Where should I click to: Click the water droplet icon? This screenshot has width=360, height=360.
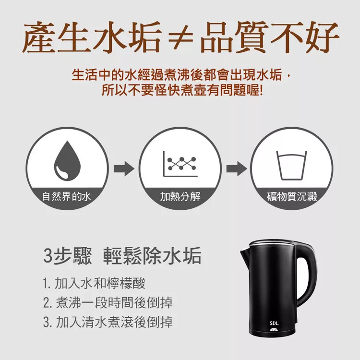67,161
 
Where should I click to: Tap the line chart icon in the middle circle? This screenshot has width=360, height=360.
180,164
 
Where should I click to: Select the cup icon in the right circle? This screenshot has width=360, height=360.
291,165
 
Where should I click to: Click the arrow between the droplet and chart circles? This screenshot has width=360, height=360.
124,169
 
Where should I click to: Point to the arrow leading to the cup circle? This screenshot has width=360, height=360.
237,169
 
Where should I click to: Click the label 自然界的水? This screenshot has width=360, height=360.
66,197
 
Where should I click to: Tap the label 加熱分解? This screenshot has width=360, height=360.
180,197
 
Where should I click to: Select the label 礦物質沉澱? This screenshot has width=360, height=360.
292,197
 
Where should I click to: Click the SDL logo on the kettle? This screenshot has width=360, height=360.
274,324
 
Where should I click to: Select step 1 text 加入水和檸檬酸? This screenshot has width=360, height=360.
94,283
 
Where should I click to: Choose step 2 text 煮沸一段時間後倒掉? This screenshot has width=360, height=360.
108,302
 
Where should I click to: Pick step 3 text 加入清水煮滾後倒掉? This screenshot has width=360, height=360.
108,322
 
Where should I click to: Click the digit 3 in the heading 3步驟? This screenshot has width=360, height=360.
48,255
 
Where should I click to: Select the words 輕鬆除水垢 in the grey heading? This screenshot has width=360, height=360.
152,255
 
